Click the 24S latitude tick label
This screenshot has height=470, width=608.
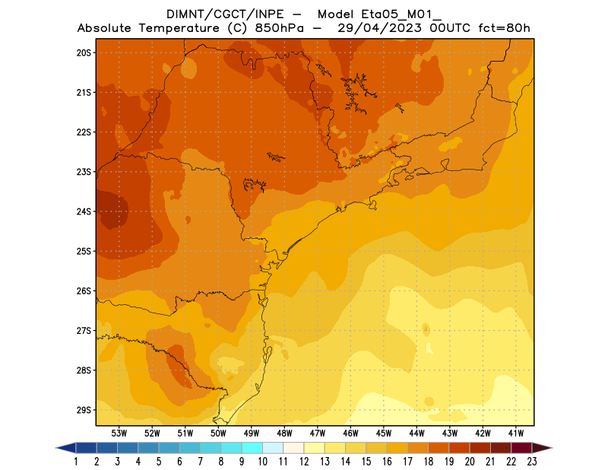coord(84,211)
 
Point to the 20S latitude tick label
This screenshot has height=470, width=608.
coord(84,52)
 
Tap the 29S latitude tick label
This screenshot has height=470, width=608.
coord(84,410)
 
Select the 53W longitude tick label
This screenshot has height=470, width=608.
coord(119,433)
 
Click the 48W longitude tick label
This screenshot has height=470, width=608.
coord(284,433)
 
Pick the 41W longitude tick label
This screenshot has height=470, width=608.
coord(516,433)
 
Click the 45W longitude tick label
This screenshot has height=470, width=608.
coord(384,433)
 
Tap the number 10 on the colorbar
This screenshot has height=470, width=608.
coord(262,461)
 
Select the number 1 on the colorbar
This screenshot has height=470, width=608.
coord(76,461)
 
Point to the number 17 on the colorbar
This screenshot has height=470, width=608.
coord(408,461)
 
